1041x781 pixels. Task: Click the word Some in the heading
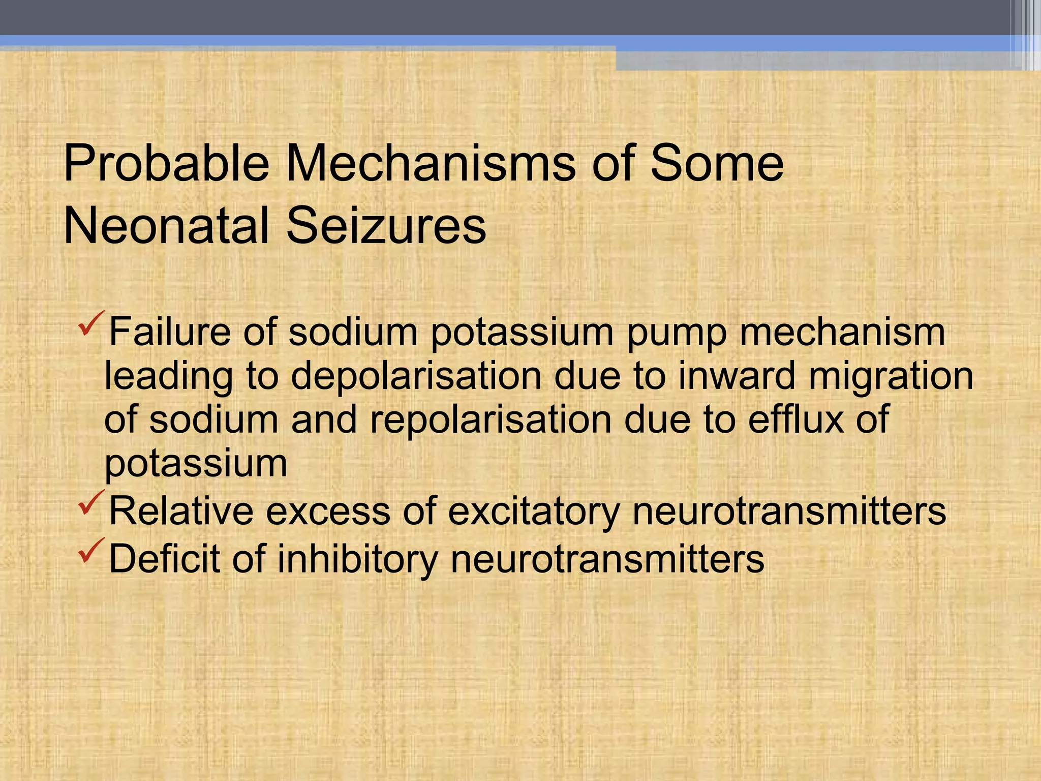(x=717, y=164)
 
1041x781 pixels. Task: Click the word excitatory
(x=534, y=512)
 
